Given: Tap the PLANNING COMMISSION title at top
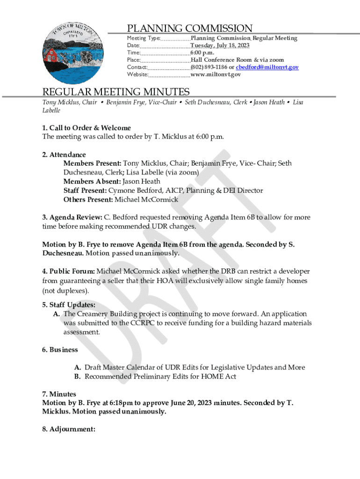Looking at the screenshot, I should click(x=190, y=29).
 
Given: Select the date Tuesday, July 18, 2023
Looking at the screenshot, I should click(x=220, y=45).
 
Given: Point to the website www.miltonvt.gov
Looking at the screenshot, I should click(x=216, y=74).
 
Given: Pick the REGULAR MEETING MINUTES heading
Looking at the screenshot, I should click(x=116, y=92).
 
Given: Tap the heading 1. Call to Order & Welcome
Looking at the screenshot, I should click(x=86, y=128).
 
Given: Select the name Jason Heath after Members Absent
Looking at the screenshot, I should click(x=141, y=181).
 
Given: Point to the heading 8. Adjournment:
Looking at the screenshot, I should click(x=69, y=429).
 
